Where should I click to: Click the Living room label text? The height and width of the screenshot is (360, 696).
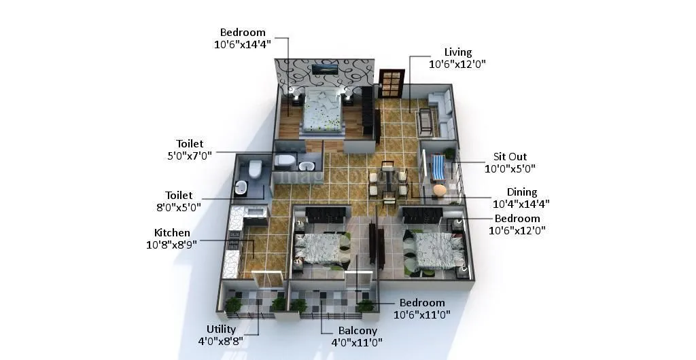[457, 52]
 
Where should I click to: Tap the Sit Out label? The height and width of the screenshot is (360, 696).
[510, 157]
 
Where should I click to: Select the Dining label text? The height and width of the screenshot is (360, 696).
[521, 192]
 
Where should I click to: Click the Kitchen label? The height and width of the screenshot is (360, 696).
[172, 233]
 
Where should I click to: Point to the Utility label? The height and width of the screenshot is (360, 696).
[222, 329]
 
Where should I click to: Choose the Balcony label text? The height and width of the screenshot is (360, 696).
[358, 331]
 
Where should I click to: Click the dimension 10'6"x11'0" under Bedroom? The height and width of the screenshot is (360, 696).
[422, 314]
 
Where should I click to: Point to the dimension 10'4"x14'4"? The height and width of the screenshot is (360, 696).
[521, 203]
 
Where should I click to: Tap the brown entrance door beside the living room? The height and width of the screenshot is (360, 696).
[391, 84]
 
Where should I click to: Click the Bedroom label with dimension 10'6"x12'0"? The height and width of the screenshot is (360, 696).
[517, 219]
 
